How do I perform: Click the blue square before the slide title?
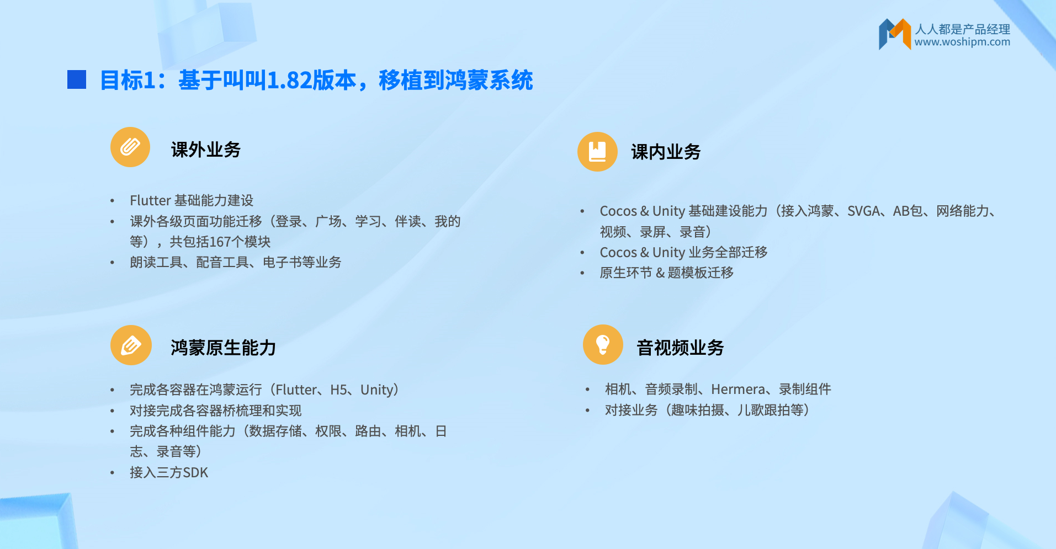77,79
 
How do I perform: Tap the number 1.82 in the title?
289,81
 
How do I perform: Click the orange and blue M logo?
894,34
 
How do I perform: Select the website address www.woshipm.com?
962,42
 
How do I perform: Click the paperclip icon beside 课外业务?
130,147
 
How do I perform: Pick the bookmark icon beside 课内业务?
597,152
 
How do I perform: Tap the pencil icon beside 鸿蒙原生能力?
131,345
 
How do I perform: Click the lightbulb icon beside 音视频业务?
603,345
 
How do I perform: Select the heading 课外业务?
206,150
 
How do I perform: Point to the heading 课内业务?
666,152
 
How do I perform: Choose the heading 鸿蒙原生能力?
224,348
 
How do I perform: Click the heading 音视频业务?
680,348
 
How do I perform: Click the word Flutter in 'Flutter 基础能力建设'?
150,200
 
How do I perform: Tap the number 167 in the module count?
220,242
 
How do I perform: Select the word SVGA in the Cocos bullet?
864,211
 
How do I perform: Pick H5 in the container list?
338,390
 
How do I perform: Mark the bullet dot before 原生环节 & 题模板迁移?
582,273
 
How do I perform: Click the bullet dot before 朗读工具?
113,263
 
